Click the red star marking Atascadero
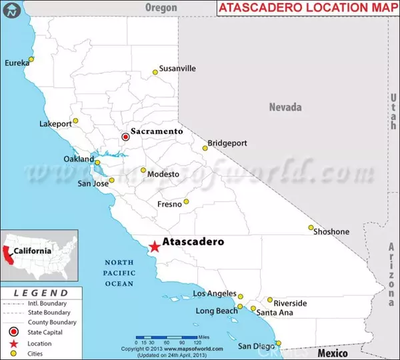(x=154, y=246)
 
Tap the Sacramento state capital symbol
(x=125, y=137)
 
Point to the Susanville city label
(x=177, y=68)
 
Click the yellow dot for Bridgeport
(x=205, y=148)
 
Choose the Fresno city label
(x=169, y=204)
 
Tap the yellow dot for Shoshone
(x=311, y=227)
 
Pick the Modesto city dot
(x=143, y=170)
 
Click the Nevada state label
(x=285, y=107)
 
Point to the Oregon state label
(x=161, y=7)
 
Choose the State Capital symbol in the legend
(x=13, y=331)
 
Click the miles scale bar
(x=170, y=338)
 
